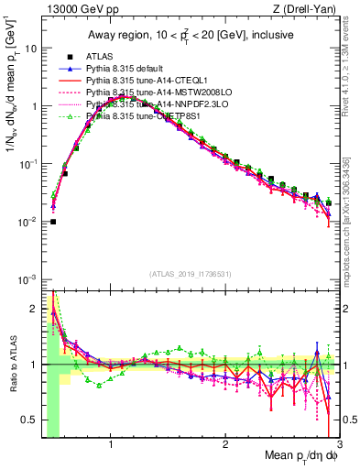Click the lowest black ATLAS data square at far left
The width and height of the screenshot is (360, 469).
(53, 221)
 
